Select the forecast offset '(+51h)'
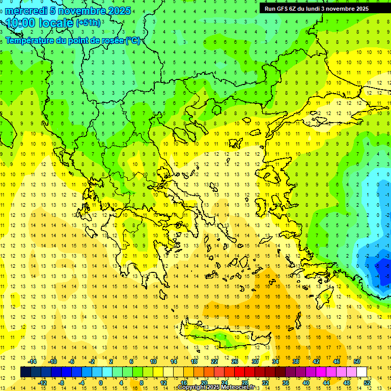88,23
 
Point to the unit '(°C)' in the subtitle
133,41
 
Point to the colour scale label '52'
367,382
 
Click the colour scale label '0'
100,382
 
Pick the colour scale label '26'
235,361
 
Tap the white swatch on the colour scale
361,372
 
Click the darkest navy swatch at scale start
26,372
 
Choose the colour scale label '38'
296,361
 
